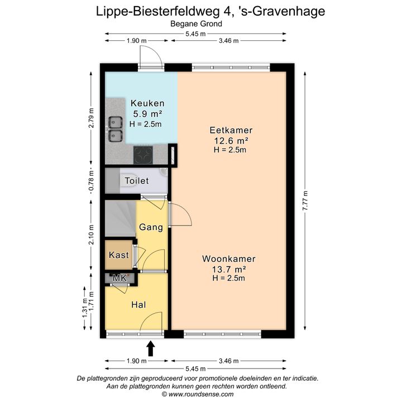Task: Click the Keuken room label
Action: point(147,103)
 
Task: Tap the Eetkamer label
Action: point(231,130)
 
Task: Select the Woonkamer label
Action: point(229,259)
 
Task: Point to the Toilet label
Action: point(137,180)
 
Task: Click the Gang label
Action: point(151,227)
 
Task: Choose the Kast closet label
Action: point(119,255)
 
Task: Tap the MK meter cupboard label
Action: point(119,278)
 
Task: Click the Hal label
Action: point(138,305)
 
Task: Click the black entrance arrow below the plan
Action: point(151,348)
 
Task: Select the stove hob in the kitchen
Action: point(143,155)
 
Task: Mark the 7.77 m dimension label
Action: point(305,201)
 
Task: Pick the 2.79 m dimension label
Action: point(91,118)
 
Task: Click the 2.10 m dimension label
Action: point(91,234)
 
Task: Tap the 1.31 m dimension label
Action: point(85,308)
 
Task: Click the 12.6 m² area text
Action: point(231,141)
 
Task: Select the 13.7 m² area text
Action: point(229,269)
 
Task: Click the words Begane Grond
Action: point(196,24)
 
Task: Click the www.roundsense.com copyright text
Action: point(198,394)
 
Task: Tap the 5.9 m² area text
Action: point(147,113)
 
